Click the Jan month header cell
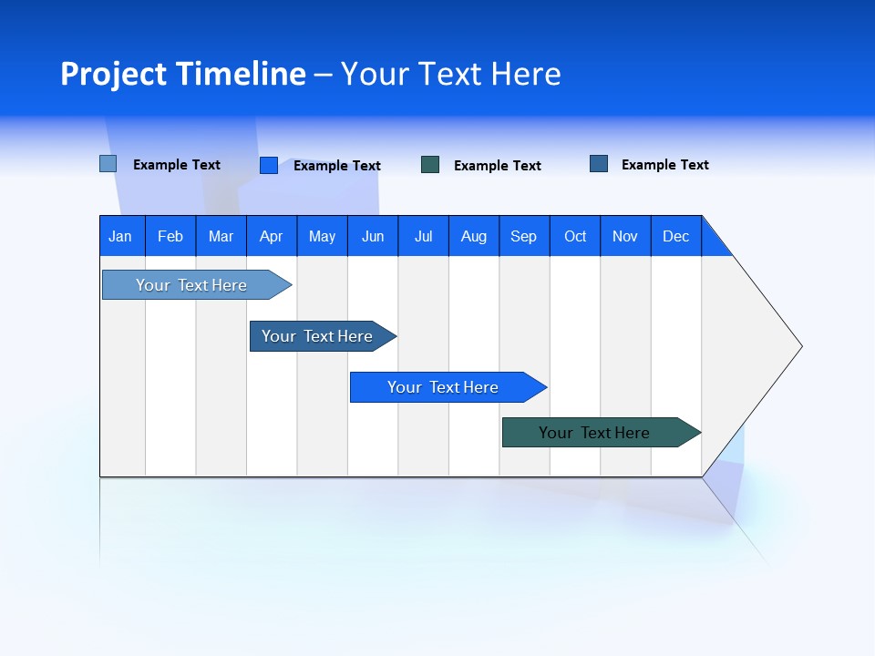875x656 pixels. pyautogui.click(x=121, y=236)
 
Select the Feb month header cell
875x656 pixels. pyautogui.click(x=170, y=236)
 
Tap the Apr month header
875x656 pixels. pyautogui.click(x=272, y=236)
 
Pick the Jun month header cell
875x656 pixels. pyautogui.click(x=373, y=236)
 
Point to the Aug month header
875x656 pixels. pyautogui.click(x=474, y=236)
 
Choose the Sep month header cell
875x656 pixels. pyautogui.click(x=524, y=236)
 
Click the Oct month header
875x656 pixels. pyautogui.click(x=575, y=236)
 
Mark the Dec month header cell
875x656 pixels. pyautogui.click(x=676, y=236)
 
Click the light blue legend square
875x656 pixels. pyautogui.click(x=108, y=164)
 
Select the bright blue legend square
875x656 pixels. pyautogui.click(x=269, y=165)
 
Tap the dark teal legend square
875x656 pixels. pyautogui.click(x=430, y=165)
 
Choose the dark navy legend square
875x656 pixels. pyautogui.click(x=599, y=164)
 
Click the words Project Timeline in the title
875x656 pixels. pyautogui.click(x=183, y=74)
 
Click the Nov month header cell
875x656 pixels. pyautogui.click(x=625, y=236)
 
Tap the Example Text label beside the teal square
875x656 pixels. pyautogui.click(x=498, y=166)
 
